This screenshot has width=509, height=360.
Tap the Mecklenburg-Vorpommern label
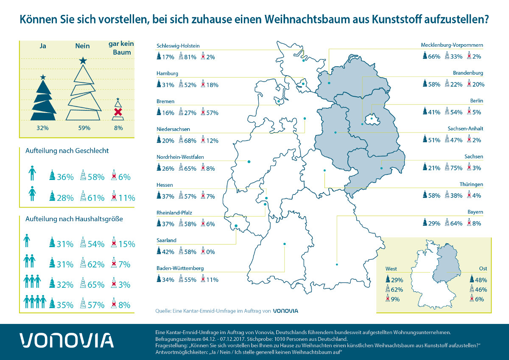(x=452, y=45)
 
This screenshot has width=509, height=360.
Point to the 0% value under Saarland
(x=210, y=252)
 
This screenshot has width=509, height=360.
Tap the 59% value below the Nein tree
(x=84, y=127)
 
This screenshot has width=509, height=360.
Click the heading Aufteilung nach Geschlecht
(x=67, y=151)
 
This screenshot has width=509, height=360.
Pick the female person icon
(x=32, y=195)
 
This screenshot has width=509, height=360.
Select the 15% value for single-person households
(x=126, y=244)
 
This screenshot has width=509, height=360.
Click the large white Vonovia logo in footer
(x=67, y=341)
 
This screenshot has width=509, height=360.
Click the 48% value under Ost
(x=481, y=280)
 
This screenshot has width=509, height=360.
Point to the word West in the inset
(x=392, y=269)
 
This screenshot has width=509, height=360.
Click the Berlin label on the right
(x=477, y=101)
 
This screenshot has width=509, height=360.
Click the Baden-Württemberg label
(x=180, y=268)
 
